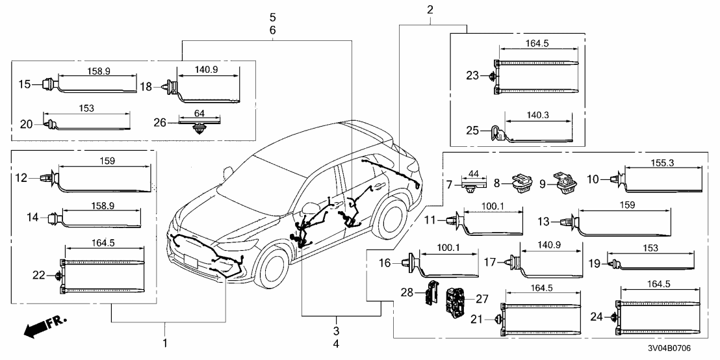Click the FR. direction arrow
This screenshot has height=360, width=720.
point(41,328)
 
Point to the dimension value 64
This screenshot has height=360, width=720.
point(199,114)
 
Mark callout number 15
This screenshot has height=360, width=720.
point(24,84)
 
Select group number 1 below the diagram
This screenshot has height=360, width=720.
point(164,342)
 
